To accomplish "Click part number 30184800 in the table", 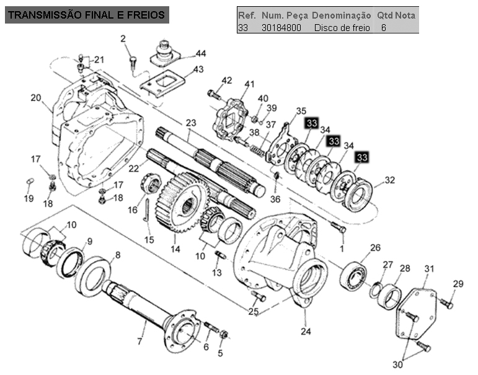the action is tap(281, 28).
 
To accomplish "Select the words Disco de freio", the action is tap(342, 28).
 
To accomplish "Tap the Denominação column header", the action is tap(342, 15).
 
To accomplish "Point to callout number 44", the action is tap(201, 54).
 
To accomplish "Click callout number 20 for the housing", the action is tap(36, 98).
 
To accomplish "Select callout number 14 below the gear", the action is tap(175, 249).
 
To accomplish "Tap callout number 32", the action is tap(389, 180).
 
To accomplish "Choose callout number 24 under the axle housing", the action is tap(306, 331).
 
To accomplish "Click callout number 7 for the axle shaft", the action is tap(139, 342).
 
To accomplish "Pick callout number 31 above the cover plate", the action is tap(429, 269).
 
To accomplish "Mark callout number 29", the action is tap(458, 284).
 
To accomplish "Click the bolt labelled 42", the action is tap(214, 94).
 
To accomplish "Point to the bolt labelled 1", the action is tap(339, 227).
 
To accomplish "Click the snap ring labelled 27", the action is tap(376, 289).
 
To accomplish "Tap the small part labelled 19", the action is tap(30, 182).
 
